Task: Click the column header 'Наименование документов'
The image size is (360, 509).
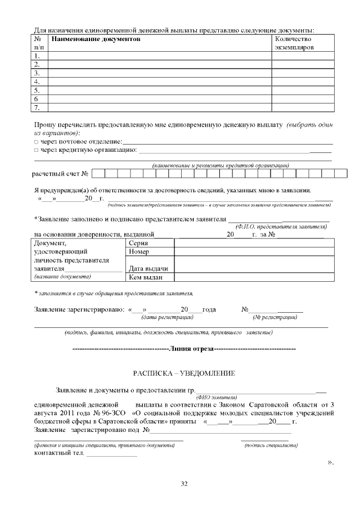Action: tap(96, 39)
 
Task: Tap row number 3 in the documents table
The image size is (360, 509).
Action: tap(37, 73)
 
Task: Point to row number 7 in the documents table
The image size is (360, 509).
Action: tap(37, 107)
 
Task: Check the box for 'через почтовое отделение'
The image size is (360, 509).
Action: tap(36, 141)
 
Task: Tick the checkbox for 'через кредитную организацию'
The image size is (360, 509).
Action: tap(36, 150)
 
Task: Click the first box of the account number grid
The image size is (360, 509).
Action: tap(97, 173)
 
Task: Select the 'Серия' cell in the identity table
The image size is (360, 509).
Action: tap(138, 243)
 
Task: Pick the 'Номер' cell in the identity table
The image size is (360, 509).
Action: tap(139, 251)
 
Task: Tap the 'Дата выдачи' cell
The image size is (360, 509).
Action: tap(148, 268)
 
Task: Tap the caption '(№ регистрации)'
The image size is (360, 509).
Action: tap(275, 317)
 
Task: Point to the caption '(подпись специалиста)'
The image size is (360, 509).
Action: tap(271, 445)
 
